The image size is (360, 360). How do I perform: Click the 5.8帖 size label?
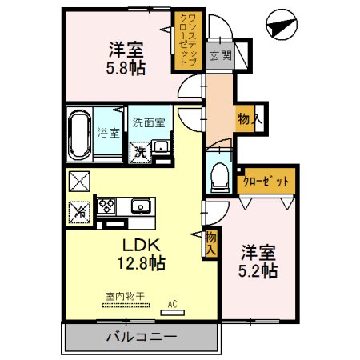126,69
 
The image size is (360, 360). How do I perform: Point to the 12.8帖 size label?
142,263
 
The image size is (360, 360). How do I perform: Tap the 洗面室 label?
149,122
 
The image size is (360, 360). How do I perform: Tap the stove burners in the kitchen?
106,206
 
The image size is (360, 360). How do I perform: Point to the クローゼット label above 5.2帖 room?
266,182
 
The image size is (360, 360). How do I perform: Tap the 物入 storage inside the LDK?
210,242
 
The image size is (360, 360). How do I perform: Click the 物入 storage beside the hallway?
247,118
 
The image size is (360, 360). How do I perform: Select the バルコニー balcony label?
141,337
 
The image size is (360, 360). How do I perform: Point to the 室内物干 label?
124,296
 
